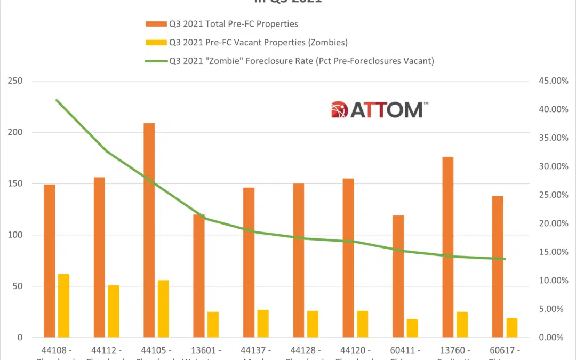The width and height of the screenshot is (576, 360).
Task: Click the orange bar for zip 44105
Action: coord(149,230)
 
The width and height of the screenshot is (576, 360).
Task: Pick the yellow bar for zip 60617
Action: coord(512,327)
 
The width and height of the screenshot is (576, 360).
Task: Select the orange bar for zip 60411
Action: coord(398,276)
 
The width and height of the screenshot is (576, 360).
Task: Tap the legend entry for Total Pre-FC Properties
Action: coord(229,24)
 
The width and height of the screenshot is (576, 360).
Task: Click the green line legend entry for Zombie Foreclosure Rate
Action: coord(288,61)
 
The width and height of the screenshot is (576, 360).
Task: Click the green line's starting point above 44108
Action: coord(57,100)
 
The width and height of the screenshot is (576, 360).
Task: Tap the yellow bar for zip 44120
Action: coord(363,324)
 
